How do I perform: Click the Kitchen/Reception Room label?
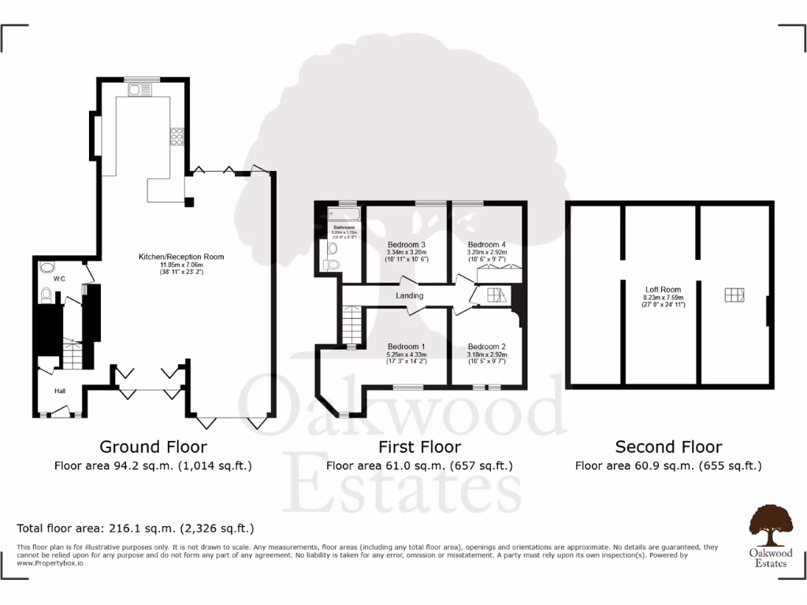click(x=181, y=257)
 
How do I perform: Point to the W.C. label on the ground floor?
click(x=58, y=278)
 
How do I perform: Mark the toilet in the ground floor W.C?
click(x=46, y=295)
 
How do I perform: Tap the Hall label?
click(x=60, y=391)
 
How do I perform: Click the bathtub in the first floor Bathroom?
click(x=344, y=213)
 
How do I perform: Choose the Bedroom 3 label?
click(x=407, y=244)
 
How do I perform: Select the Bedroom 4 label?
click(x=486, y=244)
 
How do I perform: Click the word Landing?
click(x=409, y=295)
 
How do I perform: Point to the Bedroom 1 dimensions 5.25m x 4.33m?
click(x=407, y=354)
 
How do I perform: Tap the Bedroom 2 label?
click(x=486, y=347)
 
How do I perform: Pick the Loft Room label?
click(x=663, y=290)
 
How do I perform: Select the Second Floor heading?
click(x=668, y=447)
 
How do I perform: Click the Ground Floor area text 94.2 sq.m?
click(x=153, y=466)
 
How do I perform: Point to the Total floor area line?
click(x=136, y=528)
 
